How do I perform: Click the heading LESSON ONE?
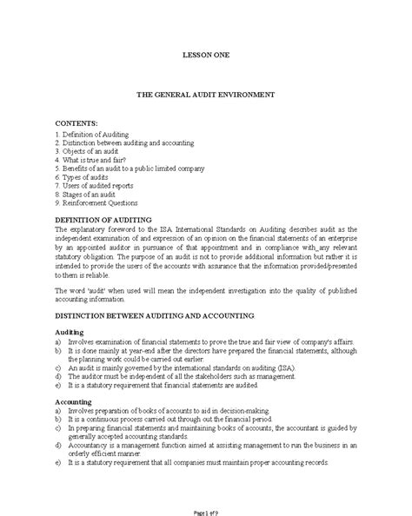click(x=205, y=54)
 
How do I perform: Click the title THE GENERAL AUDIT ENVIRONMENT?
click(x=206, y=92)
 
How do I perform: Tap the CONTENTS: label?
click(x=76, y=124)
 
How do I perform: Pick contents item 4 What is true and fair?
click(x=92, y=160)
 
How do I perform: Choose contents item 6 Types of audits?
click(x=84, y=177)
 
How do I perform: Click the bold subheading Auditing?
click(x=70, y=332)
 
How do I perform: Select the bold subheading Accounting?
click(x=74, y=403)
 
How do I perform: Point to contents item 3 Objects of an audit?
click(x=90, y=152)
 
